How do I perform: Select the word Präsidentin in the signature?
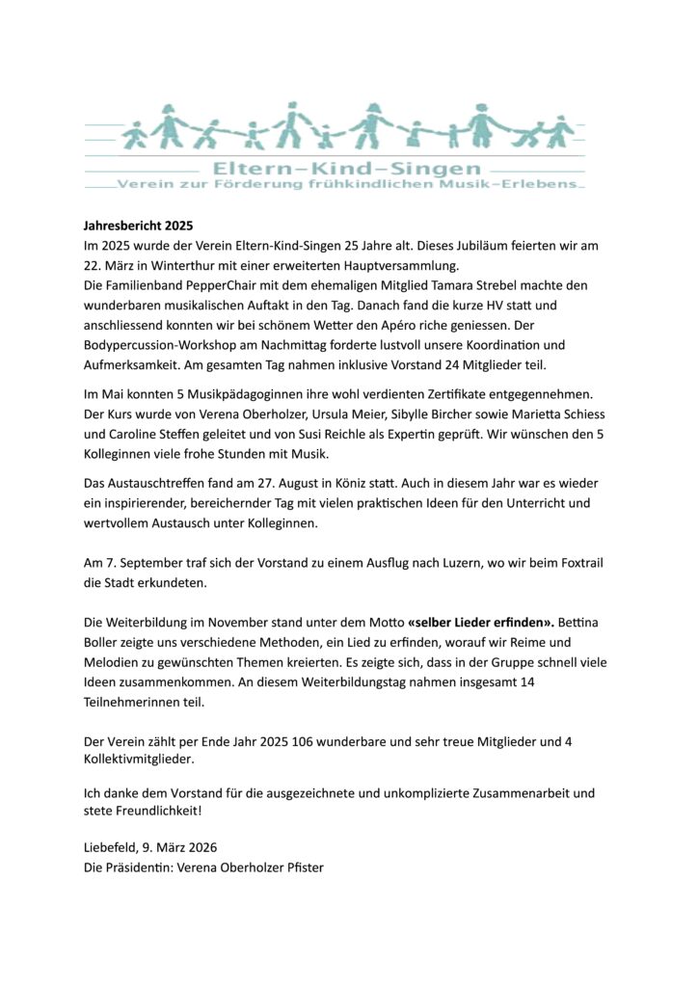(143, 868)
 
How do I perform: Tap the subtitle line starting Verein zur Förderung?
(348, 184)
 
